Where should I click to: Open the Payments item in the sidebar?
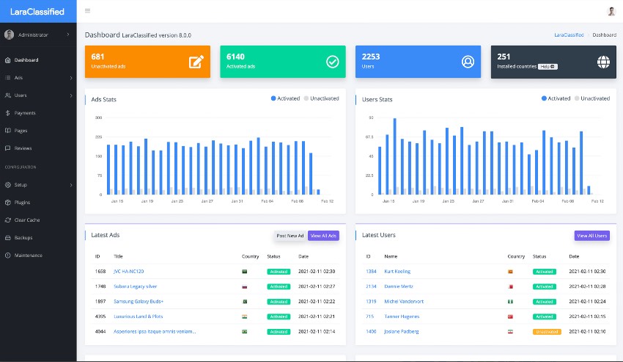25,113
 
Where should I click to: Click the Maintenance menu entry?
28,256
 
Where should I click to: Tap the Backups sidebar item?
23,238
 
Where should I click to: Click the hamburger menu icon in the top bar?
88,11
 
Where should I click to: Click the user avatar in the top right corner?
611,11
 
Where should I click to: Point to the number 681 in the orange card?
97,57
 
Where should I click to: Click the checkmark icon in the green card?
332,62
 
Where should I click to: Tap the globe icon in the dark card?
603,62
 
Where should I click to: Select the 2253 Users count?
371,57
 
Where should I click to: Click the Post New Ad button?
290,236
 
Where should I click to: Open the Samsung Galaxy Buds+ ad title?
139,302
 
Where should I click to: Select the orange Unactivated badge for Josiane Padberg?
546,332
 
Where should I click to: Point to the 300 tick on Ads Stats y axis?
98,117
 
